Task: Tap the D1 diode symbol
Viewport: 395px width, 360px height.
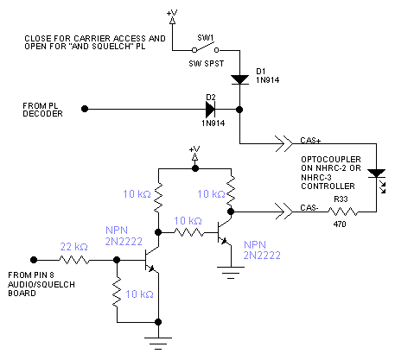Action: tap(239, 79)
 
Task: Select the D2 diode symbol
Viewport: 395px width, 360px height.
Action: tap(211, 110)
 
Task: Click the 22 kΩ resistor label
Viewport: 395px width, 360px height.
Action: tap(73, 247)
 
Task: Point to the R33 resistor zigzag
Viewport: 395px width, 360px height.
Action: tap(343, 212)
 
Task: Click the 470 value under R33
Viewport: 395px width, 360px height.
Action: tap(340, 224)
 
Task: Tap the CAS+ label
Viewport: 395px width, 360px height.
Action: tap(310, 141)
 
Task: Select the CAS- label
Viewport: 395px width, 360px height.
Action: tap(309, 208)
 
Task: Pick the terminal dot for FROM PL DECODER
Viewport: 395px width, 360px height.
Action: tap(85, 109)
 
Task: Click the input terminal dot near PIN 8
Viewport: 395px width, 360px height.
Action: tap(34, 260)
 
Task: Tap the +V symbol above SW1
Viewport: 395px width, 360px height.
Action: tap(172, 16)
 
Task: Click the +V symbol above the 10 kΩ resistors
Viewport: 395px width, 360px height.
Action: tap(194, 154)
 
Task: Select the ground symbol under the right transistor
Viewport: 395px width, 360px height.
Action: tap(231, 273)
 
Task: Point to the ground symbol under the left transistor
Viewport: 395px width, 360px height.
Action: tap(158, 343)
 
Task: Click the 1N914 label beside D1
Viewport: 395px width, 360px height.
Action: tap(268, 80)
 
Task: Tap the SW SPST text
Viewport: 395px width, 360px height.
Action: tap(207, 64)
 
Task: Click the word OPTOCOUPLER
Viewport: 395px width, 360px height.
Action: tap(331, 160)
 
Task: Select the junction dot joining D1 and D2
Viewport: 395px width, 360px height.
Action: tap(239, 110)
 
